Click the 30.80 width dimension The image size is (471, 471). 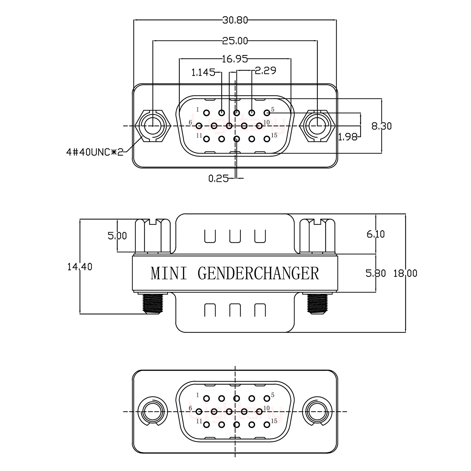coord(235,20)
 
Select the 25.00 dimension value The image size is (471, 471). coord(235,41)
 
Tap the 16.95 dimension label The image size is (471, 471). coord(234,59)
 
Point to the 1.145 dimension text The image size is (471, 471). coord(203,72)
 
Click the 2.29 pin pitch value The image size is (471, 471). coord(265,70)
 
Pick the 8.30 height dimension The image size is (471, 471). coord(381,126)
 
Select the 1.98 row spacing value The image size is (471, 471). coord(347,137)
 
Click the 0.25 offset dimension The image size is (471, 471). coord(218,178)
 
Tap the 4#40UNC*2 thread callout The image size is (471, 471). coord(95,152)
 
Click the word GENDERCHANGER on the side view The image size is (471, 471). coord(258,273)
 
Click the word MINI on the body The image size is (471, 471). coord(169,273)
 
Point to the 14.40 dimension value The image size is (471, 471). coord(80,267)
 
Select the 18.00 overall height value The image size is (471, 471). coord(405,273)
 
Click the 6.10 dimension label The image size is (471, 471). coord(375,234)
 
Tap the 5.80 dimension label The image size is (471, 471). coord(375,273)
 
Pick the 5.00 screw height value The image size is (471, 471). coord(117,235)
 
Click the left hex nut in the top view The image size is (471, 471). coord(153,126)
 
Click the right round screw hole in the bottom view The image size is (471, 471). coord(317,411)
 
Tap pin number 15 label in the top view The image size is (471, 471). coord(274,135)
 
